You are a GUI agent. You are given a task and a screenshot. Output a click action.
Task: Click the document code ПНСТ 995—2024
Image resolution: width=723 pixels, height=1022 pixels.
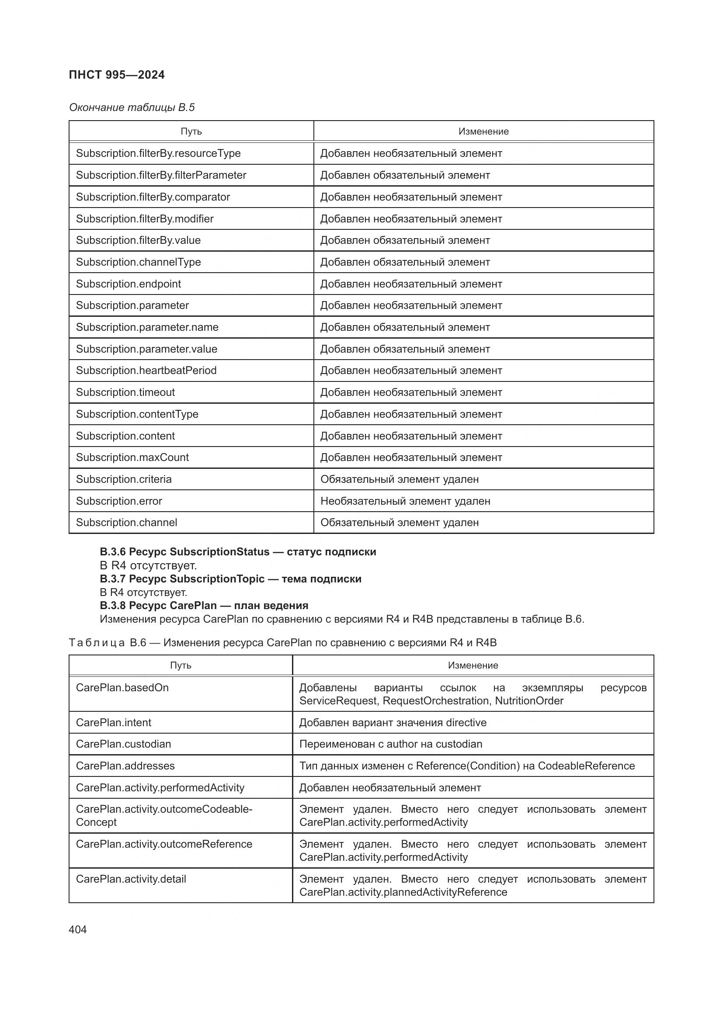point(117,75)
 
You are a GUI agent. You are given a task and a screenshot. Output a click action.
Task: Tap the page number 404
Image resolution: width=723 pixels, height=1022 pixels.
point(78,929)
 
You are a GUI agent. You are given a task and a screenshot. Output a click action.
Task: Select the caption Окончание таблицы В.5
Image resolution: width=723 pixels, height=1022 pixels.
point(132,107)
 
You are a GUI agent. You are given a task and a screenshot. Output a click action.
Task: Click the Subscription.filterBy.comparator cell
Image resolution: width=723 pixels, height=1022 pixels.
point(153,197)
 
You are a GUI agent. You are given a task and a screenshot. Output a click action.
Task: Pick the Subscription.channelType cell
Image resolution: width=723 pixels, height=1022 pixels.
point(138,262)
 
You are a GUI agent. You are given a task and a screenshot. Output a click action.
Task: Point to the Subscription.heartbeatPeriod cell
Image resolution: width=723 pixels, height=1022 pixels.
point(146,371)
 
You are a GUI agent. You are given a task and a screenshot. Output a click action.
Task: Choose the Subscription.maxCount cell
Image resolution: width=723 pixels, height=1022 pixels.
point(132,457)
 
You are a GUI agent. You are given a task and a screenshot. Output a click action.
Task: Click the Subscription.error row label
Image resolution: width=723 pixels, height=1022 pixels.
point(119,501)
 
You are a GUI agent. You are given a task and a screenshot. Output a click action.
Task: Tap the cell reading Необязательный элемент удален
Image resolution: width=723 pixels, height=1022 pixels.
point(405,501)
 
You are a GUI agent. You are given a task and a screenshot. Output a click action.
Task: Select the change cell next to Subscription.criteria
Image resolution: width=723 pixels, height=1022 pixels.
point(400,479)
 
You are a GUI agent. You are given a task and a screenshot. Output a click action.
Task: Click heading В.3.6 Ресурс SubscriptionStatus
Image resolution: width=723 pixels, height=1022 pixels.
point(238,551)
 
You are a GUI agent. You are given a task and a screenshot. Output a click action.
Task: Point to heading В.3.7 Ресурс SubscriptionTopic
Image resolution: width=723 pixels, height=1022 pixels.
point(230,579)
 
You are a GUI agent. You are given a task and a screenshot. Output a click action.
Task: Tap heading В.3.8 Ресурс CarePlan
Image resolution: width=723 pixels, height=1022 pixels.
point(204,605)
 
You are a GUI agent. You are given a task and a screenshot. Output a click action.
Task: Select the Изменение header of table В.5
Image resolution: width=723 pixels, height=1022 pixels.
point(483,132)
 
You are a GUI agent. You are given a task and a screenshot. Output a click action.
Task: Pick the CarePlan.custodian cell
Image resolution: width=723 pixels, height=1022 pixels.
point(123,744)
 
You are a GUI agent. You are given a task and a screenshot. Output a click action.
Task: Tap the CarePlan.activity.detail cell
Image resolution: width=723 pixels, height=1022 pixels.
point(131,879)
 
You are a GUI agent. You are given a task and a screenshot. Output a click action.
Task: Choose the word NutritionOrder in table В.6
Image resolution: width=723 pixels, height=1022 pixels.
point(529,700)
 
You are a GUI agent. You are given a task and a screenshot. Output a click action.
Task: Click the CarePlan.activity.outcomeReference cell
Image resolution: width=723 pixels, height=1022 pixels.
point(164,844)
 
